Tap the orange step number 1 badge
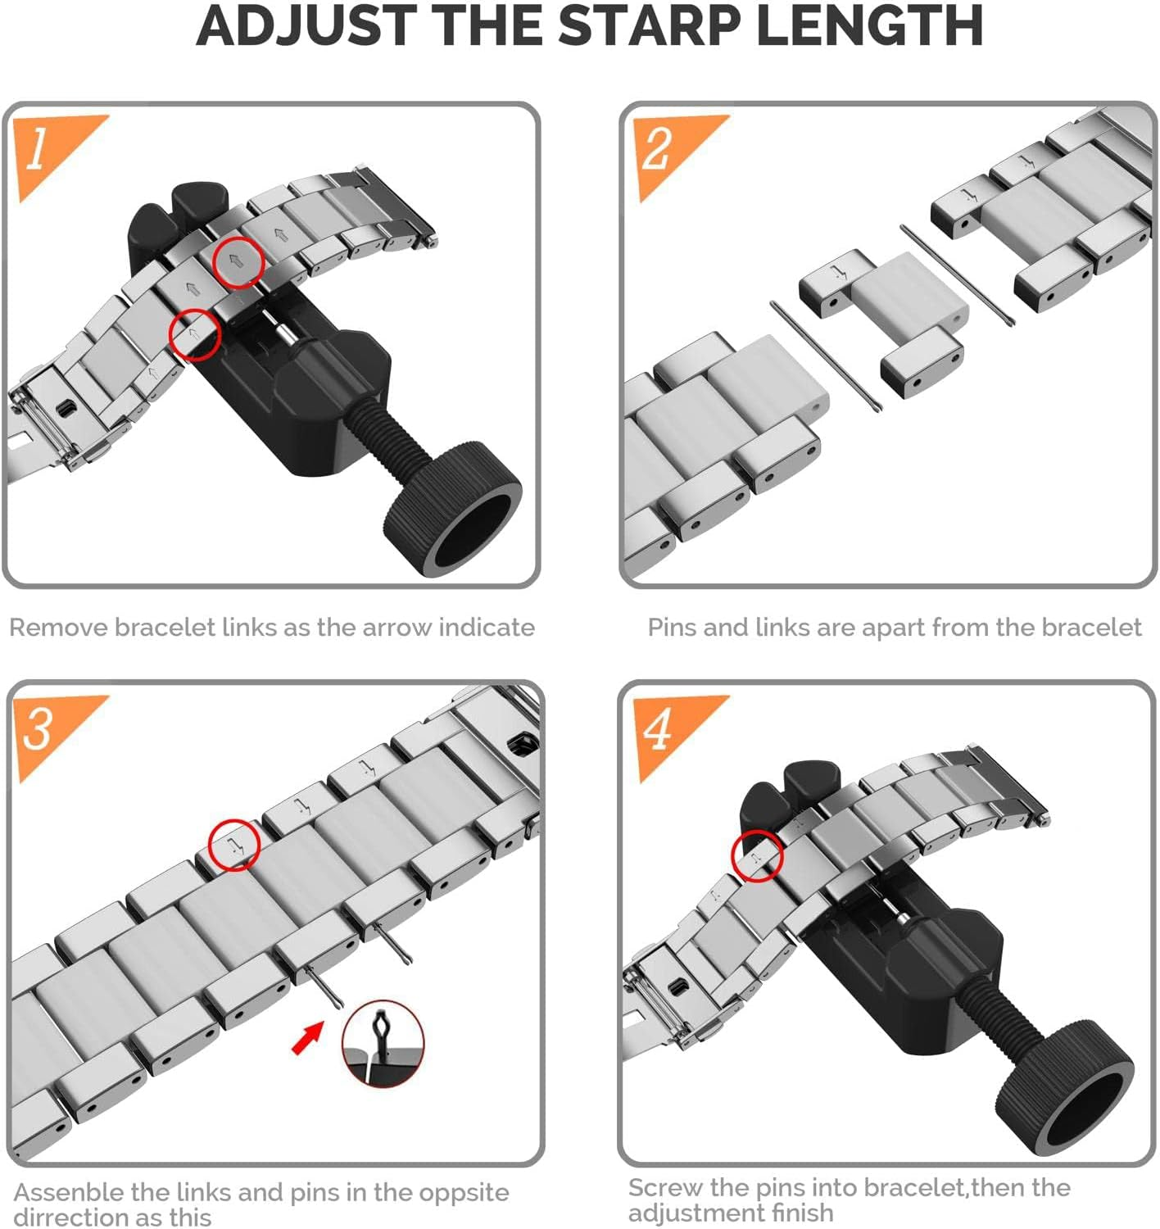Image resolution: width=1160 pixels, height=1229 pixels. click(x=48, y=152)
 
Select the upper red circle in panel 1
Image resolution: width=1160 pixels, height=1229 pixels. click(x=238, y=262)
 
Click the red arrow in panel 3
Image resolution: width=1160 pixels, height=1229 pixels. click(x=307, y=1039)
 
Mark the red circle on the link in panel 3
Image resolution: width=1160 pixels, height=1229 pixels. click(x=233, y=844)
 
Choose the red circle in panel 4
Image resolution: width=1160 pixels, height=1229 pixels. click(x=757, y=855)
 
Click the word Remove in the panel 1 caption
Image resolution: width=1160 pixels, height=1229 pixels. click(x=59, y=628)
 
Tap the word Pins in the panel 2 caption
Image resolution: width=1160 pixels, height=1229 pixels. click(x=672, y=628)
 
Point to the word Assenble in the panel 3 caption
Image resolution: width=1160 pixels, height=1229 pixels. click(x=69, y=1193)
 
